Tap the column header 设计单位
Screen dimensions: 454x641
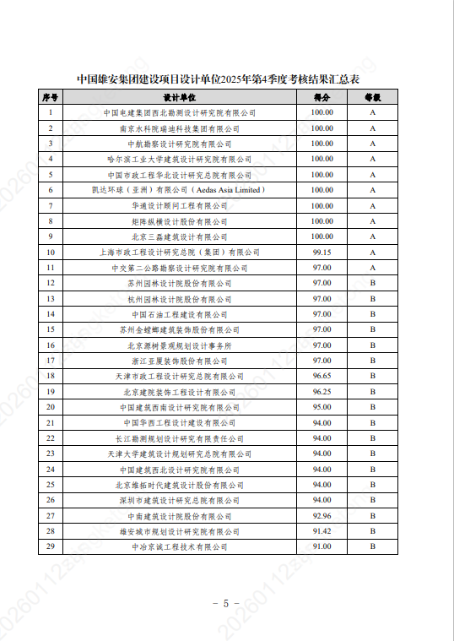(179, 98)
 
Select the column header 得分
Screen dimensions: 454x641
(322, 98)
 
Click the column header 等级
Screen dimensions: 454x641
(372, 98)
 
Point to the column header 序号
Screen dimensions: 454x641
(51, 98)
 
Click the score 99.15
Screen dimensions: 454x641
(322, 253)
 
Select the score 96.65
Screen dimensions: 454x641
(322, 376)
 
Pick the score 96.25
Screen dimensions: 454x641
(322, 392)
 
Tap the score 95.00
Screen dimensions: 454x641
(322, 407)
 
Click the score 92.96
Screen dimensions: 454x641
(322, 515)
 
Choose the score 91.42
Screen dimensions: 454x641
(322, 531)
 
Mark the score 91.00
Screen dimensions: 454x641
(322, 546)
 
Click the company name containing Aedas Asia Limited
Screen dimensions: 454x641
(179, 190)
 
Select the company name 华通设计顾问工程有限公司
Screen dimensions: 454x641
(179, 206)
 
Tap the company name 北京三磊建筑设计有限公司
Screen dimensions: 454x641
(179, 237)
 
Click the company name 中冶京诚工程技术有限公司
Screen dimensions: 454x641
(179, 546)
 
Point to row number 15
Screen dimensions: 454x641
(51, 329)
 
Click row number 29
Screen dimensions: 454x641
(51, 546)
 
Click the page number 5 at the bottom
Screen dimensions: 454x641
(226, 603)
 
